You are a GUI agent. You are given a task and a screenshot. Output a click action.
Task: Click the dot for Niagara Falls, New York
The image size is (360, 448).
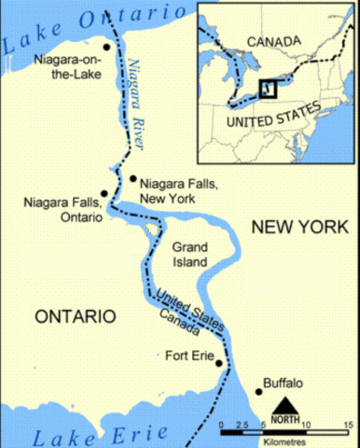tap(133, 177)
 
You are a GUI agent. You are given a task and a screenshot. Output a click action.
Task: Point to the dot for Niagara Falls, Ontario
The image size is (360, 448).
tap(104, 193)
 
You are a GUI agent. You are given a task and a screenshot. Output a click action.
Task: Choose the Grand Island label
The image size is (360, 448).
tap(197, 255)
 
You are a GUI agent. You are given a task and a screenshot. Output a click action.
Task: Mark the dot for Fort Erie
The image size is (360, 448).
tap(219, 363)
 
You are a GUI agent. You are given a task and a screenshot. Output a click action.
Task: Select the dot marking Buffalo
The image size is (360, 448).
tap(258, 391)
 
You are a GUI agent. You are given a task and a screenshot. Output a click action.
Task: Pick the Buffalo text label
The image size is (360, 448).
tap(284, 382)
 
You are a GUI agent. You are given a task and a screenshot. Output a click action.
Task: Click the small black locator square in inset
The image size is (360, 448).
tap(268, 89)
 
